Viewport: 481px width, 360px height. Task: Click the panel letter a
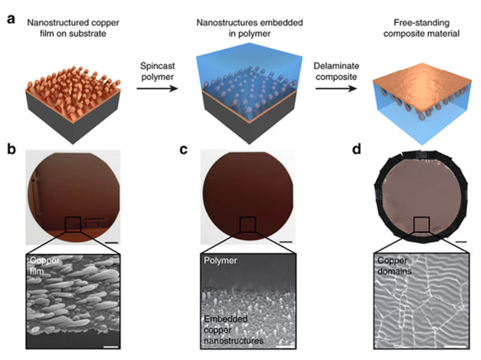pos(11,20)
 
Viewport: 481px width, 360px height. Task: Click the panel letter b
pos(11,149)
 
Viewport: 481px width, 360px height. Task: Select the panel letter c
pos(183,150)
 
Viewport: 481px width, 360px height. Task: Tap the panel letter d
pos(356,149)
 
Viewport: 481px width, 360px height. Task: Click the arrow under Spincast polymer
pos(157,89)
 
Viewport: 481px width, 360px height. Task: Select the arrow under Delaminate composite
pos(336,89)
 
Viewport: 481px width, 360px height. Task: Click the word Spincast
pos(157,66)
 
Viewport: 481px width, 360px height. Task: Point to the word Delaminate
pos(336,66)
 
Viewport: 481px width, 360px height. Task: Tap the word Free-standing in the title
pos(422,23)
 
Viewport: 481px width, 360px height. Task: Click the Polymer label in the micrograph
pos(221,261)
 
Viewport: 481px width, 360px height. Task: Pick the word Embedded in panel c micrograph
pos(225,319)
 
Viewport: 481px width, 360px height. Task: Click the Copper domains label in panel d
pos(394,266)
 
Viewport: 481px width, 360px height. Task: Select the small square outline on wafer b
pos(73,224)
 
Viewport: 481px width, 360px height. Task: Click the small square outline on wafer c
pos(247,224)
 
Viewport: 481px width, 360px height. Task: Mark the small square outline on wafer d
pos(422,224)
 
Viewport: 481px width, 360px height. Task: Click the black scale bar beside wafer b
pos(112,243)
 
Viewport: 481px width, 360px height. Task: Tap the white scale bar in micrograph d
pos(455,347)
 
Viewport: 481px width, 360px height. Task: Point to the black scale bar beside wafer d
pos(461,242)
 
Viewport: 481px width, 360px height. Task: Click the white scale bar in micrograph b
pos(111,347)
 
